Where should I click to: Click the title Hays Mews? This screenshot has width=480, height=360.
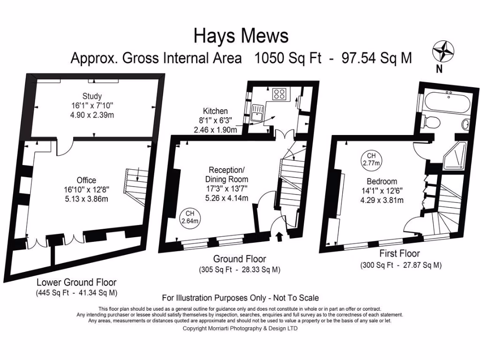click(241, 36)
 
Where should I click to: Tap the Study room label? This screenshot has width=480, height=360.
click(92, 96)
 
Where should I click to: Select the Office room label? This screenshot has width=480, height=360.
click(86, 180)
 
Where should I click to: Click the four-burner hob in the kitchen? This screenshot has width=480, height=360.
click(280, 94)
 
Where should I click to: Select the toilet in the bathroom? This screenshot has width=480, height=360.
click(430, 122)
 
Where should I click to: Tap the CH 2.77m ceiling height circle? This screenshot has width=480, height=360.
click(371, 159)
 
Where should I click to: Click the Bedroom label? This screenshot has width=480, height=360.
click(382, 181)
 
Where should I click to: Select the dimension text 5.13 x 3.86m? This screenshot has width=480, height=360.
click(86, 199)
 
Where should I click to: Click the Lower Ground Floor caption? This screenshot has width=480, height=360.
click(76, 283)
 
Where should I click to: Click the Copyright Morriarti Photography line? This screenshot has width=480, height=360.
click(240, 329)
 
